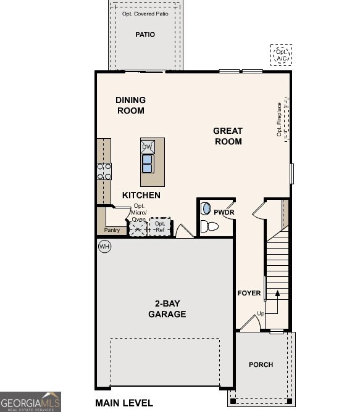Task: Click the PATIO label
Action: tap(145, 35)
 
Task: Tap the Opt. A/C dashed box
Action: tap(282, 56)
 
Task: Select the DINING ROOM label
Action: tap(130, 105)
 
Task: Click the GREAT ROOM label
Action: tap(228, 136)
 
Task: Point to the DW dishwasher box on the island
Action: tap(148, 147)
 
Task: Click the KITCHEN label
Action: tap(141, 195)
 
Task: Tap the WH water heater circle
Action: tap(104, 247)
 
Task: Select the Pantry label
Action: tap(112, 230)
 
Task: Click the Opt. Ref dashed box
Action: tap(160, 227)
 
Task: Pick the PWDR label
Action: tap(224, 213)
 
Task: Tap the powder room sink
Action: tap(206, 209)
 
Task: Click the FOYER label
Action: tap(249, 293)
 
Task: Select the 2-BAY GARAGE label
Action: tap(167, 308)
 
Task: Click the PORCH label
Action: tap(261, 365)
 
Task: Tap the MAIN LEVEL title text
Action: tap(124, 403)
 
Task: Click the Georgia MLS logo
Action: tap(30, 402)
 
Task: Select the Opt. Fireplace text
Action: tap(279, 120)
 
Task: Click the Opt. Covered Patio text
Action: tap(145, 14)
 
